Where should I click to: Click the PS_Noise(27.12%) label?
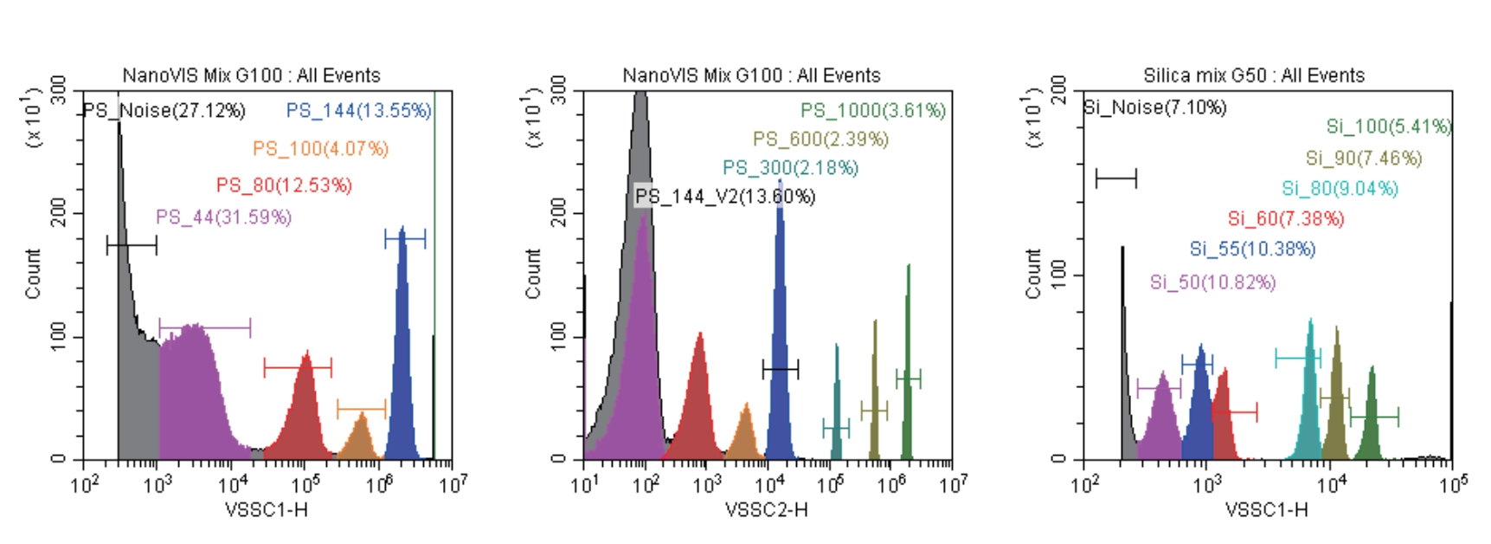164,111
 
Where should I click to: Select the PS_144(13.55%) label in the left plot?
358,110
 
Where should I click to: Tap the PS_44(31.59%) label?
223,217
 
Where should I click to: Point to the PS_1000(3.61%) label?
872,110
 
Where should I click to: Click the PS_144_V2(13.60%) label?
725,197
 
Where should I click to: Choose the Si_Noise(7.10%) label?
1155,107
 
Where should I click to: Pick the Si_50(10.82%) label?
1212,282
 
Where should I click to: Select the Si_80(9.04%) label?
1340,188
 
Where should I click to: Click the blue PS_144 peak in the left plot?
402,346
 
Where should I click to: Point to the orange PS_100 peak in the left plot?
361,437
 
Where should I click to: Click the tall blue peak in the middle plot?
780,329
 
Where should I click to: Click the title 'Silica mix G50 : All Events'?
1254,75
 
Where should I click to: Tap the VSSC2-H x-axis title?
767,509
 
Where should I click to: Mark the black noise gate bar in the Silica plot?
1115,179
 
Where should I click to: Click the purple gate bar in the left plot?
205,328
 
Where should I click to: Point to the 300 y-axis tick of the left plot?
58,89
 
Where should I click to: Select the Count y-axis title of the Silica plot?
1032,274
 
